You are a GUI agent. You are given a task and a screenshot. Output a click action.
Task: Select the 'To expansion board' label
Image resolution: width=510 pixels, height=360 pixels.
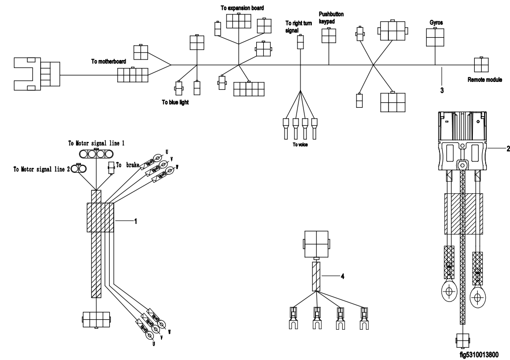[242, 8]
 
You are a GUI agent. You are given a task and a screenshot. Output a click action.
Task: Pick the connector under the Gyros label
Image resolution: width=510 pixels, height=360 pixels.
[435, 37]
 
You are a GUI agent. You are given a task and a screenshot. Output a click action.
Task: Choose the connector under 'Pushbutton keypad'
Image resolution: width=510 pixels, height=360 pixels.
[329, 36]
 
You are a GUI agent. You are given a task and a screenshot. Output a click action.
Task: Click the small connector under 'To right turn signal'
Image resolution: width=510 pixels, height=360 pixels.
[300, 42]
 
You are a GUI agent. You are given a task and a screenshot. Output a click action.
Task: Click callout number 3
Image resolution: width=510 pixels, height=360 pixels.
[441, 91]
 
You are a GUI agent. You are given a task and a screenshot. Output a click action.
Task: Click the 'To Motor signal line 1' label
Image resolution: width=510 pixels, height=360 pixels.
[96, 143]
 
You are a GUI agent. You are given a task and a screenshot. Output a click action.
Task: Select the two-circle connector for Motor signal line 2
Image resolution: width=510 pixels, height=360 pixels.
[78, 169]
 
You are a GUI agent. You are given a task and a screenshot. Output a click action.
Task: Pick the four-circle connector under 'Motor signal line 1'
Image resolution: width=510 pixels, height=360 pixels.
[96, 154]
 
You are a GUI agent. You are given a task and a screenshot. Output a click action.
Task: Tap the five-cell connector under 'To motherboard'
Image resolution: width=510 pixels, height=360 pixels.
[133, 75]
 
